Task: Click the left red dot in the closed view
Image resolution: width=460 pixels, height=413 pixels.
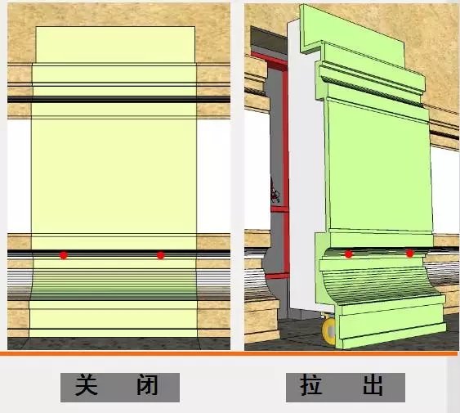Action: (64, 255)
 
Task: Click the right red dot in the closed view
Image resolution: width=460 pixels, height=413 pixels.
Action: (160, 255)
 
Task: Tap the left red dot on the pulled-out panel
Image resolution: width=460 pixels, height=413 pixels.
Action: (349, 254)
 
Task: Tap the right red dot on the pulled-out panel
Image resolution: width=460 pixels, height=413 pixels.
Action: (410, 254)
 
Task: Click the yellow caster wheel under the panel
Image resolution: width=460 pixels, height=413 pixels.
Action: (328, 330)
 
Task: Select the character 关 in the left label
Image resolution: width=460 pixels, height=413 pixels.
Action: (87, 385)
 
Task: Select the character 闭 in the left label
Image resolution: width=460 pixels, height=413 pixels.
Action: (148, 385)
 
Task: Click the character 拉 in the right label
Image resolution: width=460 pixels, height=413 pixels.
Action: (311, 385)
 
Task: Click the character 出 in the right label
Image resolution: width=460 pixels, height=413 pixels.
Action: (373, 385)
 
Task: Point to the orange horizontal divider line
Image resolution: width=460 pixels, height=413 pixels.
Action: (229, 353)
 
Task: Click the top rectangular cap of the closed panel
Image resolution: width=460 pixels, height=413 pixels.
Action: (115, 45)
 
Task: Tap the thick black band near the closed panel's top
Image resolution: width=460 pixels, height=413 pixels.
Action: (118, 100)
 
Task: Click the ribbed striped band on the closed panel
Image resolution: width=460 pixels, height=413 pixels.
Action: (114, 285)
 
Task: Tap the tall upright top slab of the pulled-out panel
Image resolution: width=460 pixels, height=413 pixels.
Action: (352, 35)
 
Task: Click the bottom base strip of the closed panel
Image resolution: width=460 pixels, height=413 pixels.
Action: (114, 333)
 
